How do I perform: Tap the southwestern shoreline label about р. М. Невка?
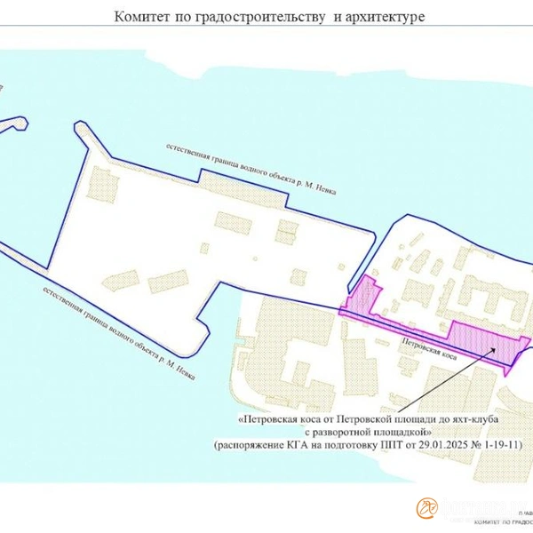tap(112, 330)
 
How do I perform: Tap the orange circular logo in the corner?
tap(428, 507)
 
